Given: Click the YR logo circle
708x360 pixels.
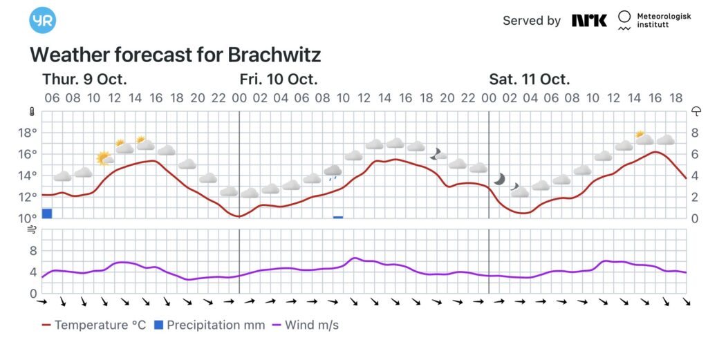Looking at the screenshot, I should tap(43, 20).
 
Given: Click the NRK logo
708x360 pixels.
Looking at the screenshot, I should tap(589, 21).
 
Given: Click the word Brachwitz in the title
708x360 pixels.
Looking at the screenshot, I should tap(274, 55).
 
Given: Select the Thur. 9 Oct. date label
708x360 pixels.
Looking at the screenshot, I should tap(84, 79).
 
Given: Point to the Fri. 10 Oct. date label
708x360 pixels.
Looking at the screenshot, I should tap(279, 79).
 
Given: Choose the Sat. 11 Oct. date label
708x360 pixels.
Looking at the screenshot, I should tap(530, 79).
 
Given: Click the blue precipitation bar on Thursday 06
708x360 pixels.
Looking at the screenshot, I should tap(47, 213).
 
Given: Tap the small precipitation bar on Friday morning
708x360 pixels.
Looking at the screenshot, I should tap(338, 217).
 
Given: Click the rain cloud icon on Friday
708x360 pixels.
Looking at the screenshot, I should tap(333, 171).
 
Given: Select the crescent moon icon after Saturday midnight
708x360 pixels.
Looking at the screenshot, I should tap(499, 179).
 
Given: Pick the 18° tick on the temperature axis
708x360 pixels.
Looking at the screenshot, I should tap(27, 133).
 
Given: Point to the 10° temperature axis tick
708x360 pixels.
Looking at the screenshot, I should tap(27, 218).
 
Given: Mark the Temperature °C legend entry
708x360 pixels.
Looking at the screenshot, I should tap(93, 325).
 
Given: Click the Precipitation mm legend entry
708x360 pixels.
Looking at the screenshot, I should tap(209, 325).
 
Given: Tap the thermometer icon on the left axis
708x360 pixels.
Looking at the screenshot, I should tap(32, 111).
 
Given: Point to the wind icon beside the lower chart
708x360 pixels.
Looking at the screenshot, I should tap(32, 231).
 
